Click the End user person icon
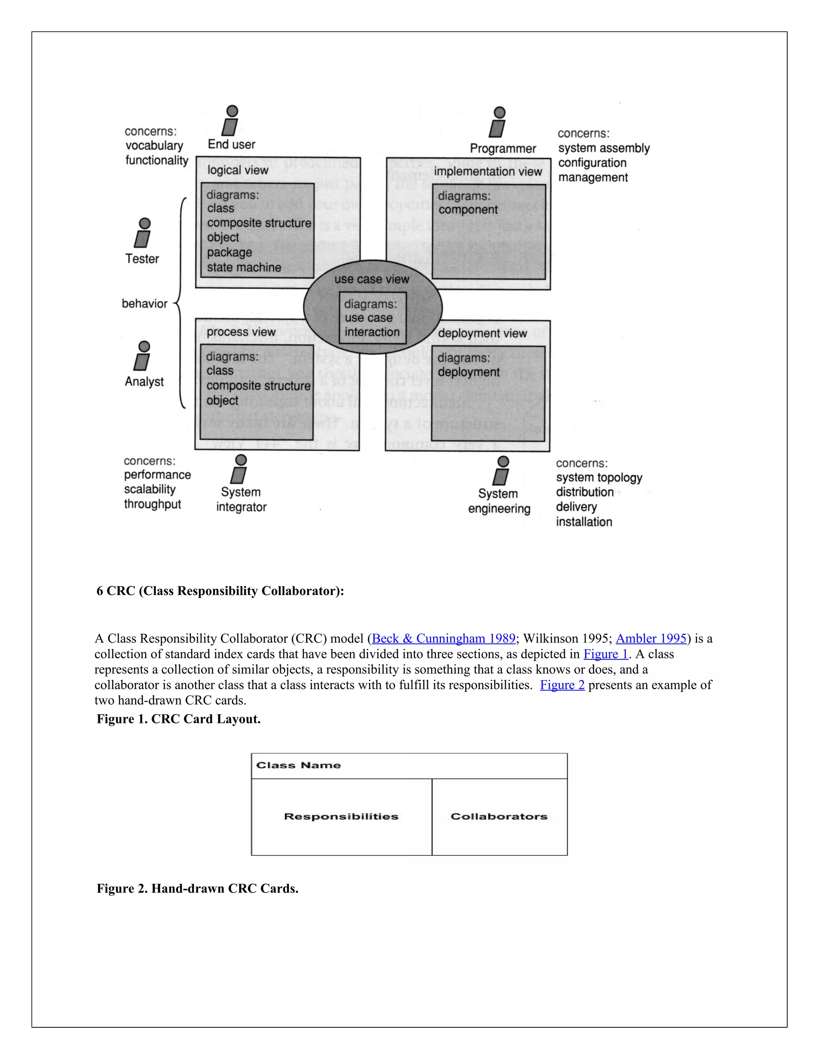[231, 121]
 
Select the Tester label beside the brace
[142, 259]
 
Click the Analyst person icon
[143, 356]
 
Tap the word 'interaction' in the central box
[372, 332]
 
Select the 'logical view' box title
[238, 170]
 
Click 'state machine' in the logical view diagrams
[244, 267]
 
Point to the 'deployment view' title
[482, 333]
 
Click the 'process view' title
[241, 332]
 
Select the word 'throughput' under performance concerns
[152, 504]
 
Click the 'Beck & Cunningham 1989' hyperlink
[443, 638]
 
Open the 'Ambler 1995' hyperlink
[651, 638]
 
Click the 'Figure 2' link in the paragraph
[562, 685]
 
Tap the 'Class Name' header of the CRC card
[298, 765]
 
